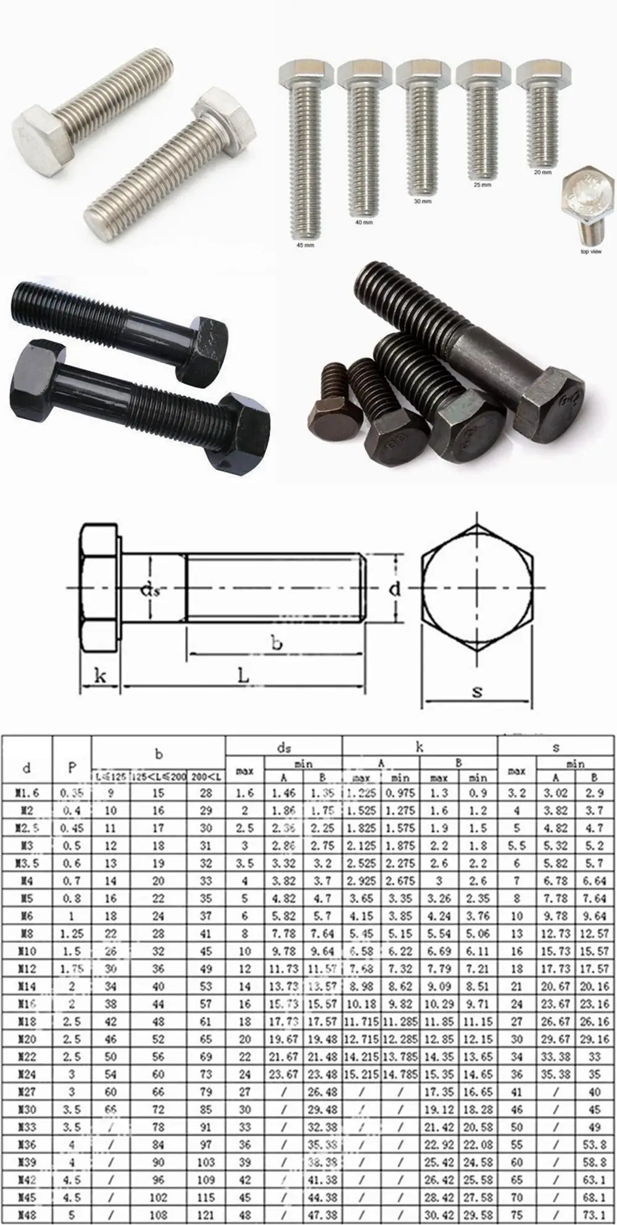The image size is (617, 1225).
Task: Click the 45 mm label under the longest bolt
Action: pyautogui.click(x=305, y=245)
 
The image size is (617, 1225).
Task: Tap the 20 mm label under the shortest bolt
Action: pyautogui.click(x=542, y=173)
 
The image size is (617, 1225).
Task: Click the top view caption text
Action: pyautogui.click(x=590, y=252)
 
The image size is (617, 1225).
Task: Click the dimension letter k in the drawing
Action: pyautogui.click(x=100, y=676)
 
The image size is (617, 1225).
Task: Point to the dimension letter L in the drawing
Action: pyautogui.click(x=244, y=676)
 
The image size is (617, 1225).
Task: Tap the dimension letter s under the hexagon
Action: pyautogui.click(x=477, y=692)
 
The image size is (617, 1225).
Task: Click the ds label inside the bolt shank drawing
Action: pyautogui.click(x=150, y=590)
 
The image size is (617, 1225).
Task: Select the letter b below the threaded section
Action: pyautogui.click(x=276, y=644)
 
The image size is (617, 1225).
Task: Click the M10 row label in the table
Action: pyautogui.click(x=27, y=951)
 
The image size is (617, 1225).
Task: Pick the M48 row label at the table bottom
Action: pyautogui.click(x=27, y=1215)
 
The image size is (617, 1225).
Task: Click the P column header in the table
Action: pyautogui.click(x=72, y=767)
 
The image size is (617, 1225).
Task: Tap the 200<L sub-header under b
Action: pyautogui.click(x=206, y=777)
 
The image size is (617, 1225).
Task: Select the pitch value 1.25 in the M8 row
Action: pyautogui.click(x=72, y=934)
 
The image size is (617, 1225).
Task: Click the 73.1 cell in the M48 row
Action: pyautogui.click(x=594, y=1215)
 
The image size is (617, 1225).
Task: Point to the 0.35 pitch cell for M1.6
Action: pyautogui.click(x=72, y=793)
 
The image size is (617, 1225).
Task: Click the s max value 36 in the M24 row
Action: pyautogui.click(x=516, y=1074)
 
